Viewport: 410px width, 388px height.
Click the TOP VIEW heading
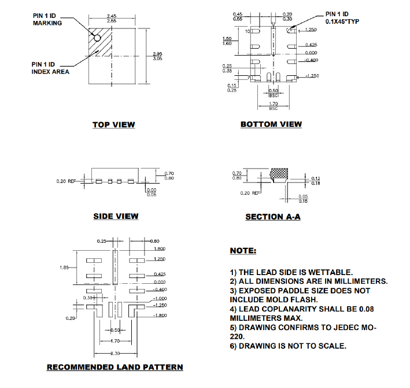coord(113,125)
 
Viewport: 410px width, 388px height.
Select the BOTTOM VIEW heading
coord(271,125)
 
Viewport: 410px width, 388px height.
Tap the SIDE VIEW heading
coord(116,217)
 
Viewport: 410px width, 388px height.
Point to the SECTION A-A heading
coord(273,217)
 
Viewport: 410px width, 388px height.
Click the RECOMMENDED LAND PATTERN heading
coord(114,367)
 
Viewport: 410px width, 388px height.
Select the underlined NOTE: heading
coord(243,251)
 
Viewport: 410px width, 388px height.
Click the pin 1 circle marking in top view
coord(97,38)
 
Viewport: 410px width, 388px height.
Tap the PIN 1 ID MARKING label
coord(47,19)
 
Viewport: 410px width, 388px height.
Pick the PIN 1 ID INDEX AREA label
coord(50,68)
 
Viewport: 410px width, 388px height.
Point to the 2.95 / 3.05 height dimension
coord(156,56)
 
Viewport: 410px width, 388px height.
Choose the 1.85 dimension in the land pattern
coord(66,267)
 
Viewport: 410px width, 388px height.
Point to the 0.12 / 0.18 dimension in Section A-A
coord(316,181)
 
